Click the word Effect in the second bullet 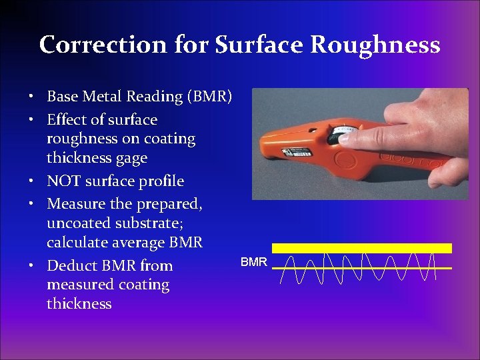[67, 120]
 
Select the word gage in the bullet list [130, 158]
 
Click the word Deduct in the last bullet [71, 266]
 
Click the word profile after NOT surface [161, 181]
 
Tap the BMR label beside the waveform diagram [253, 263]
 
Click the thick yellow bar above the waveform [361, 248]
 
